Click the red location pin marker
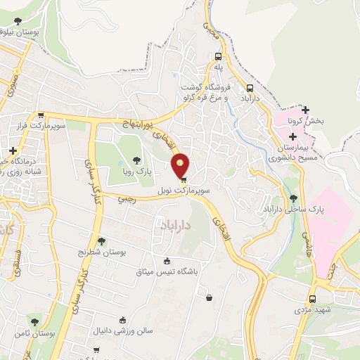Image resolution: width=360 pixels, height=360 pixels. coord(181,165)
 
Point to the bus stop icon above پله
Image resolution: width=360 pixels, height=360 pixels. coord(219,56)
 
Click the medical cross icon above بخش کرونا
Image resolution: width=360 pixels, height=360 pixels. coord(304,109)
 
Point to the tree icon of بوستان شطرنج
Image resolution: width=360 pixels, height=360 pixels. coord(101,241)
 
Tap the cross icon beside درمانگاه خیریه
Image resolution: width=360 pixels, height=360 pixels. coord(13,150)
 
